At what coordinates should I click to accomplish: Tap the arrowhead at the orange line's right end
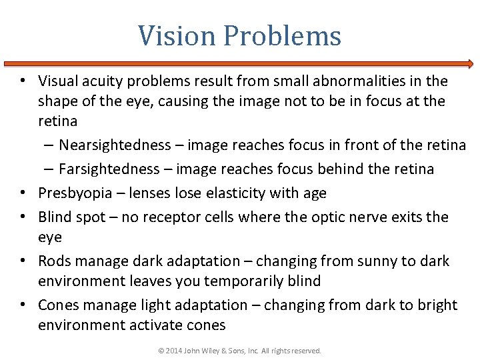pyautogui.click(x=470, y=65)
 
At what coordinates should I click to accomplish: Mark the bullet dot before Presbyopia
pyautogui.click(x=23, y=194)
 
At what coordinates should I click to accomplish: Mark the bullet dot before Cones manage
pyautogui.click(x=23, y=306)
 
